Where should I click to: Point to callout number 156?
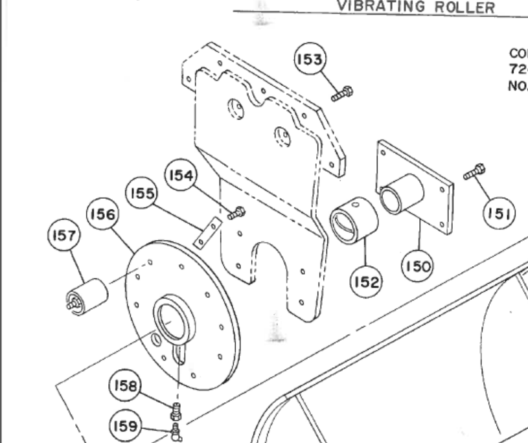click(x=104, y=216)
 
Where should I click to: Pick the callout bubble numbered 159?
click(x=123, y=427)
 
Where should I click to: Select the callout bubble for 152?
click(x=367, y=282)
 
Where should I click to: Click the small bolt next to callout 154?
click(x=237, y=212)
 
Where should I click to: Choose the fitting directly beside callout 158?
click(x=175, y=411)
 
